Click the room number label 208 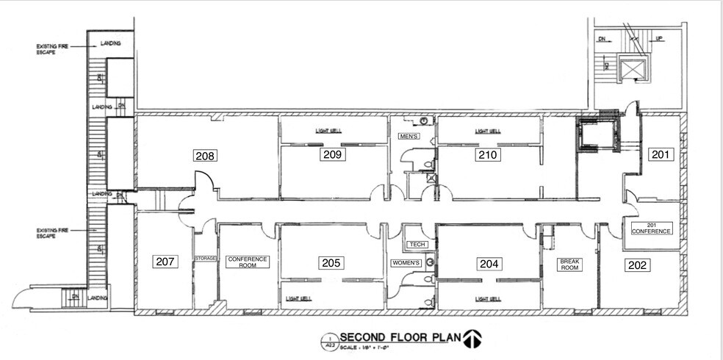click(205, 155)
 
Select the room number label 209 click(332, 154)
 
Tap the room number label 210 click(488, 155)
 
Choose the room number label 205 click(332, 263)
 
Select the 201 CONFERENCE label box click(652, 228)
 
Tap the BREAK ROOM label click(570, 264)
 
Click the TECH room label click(416, 244)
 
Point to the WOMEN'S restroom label click(409, 263)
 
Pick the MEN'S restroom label click(409, 137)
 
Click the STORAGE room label click(205, 259)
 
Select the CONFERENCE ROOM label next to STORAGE click(248, 262)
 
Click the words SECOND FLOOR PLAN click(400, 338)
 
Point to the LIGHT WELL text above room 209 click(328, 131)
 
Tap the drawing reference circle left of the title click(328, 340)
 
